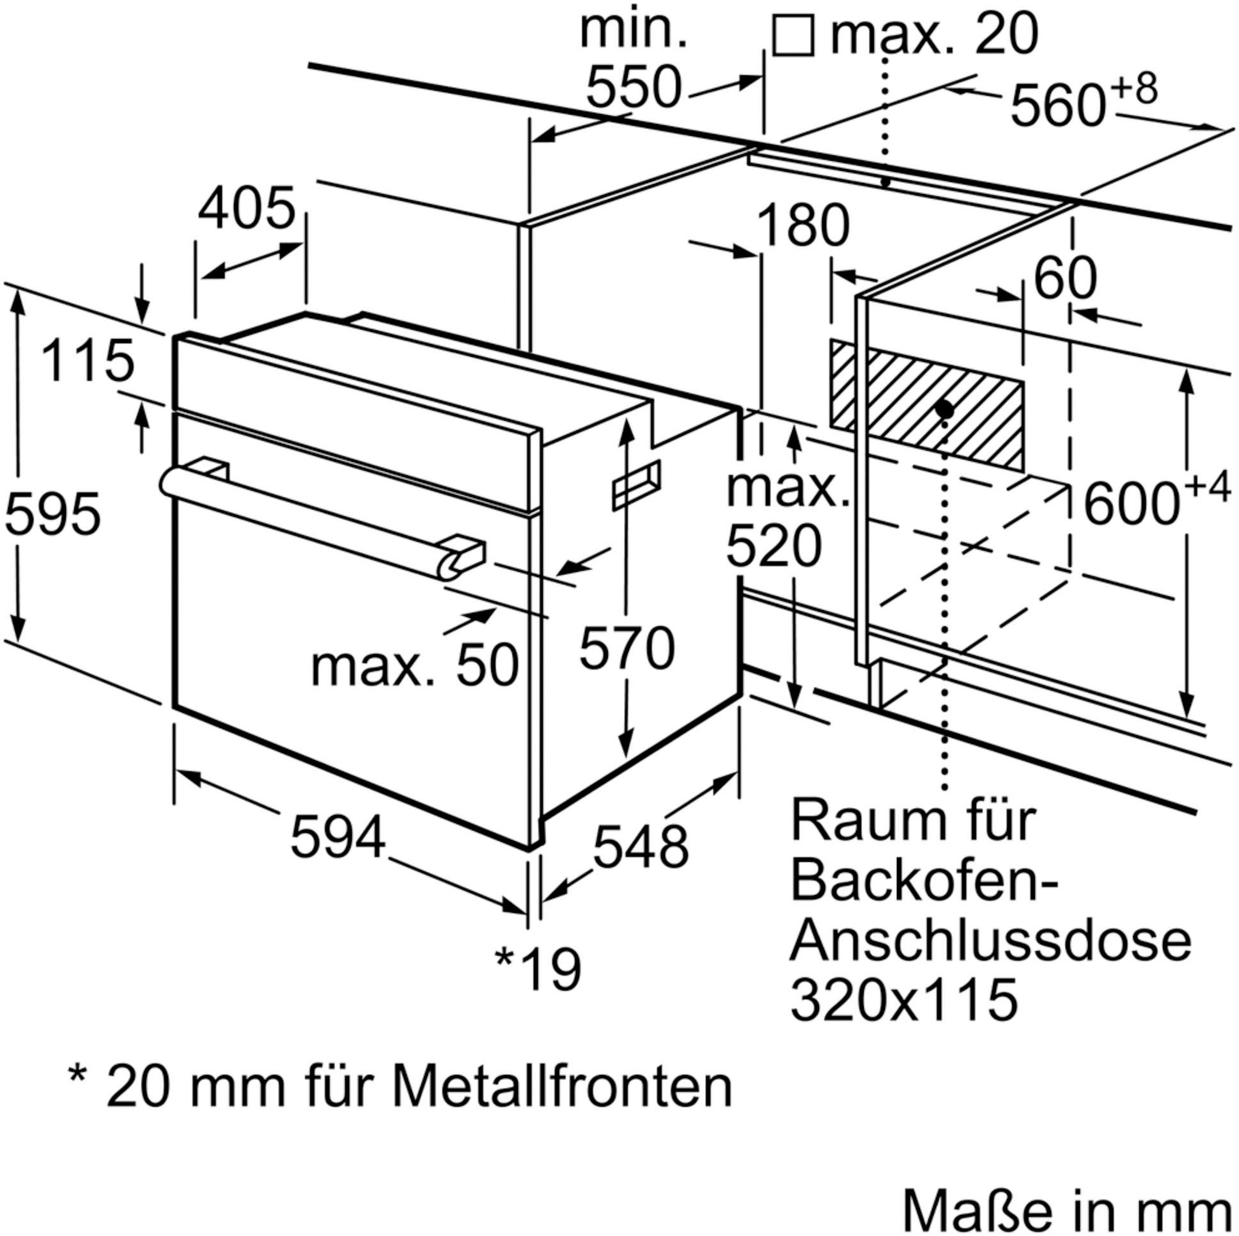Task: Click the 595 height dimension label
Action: point(52,514)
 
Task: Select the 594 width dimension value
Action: point(338,837)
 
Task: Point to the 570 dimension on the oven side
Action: point(627,649)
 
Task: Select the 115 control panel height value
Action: point(88,361)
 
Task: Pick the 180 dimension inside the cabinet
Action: point(803,226)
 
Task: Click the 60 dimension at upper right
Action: point(1065,278)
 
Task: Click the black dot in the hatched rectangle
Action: point(944,408)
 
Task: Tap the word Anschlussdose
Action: point(990,942)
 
